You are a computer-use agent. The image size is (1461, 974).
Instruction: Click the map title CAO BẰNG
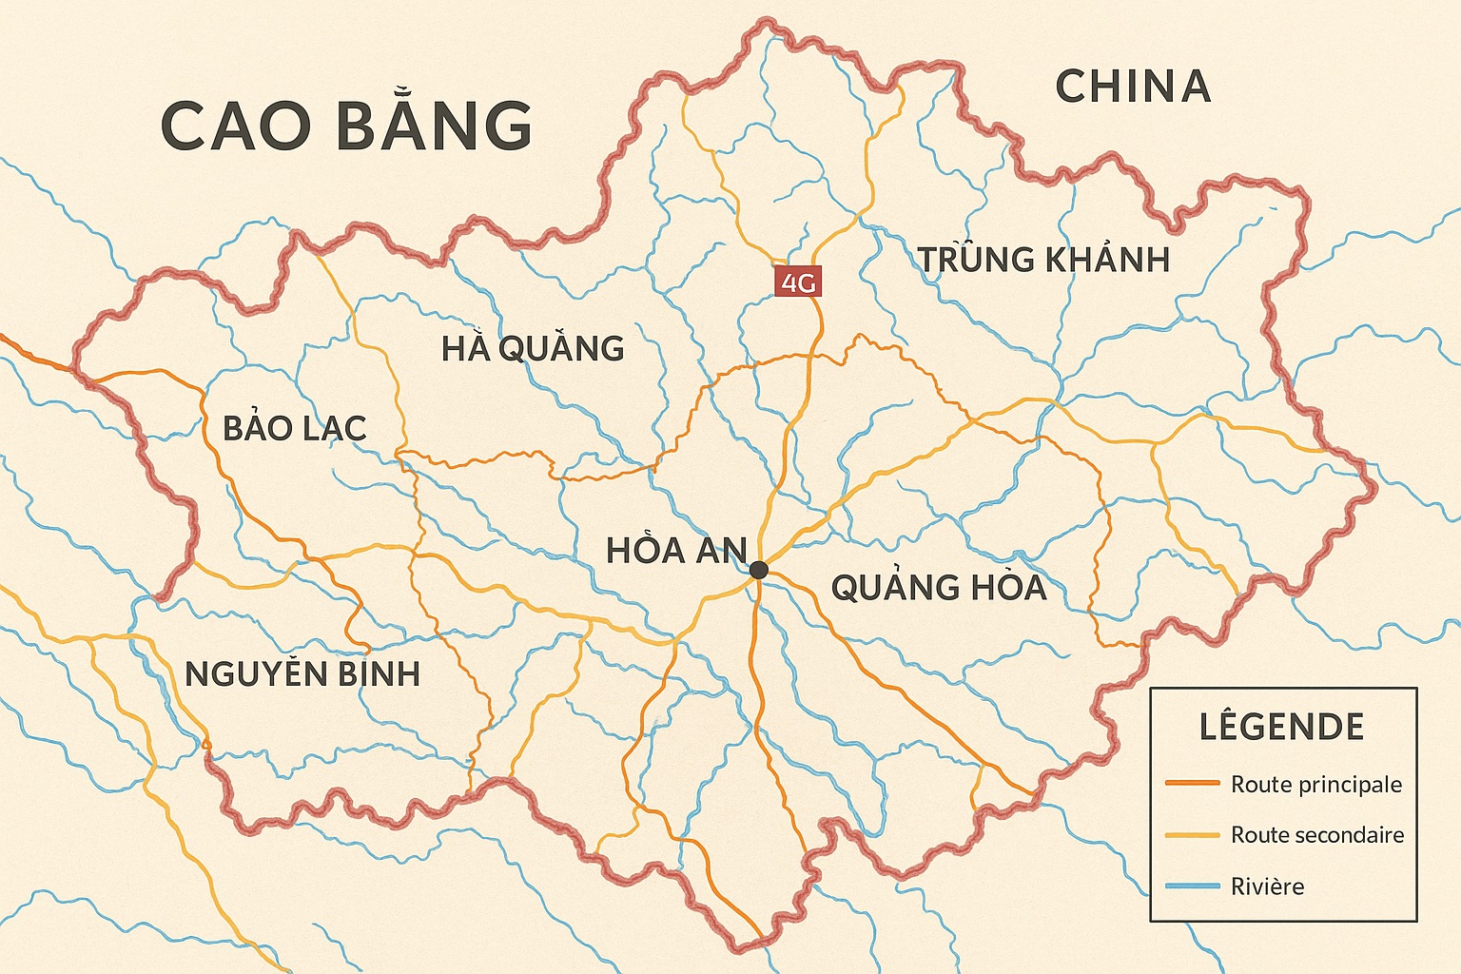[x=346, y=126]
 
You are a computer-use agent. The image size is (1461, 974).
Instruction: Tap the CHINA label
[x=1133, y=87]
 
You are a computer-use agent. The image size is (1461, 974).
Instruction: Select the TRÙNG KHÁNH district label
[x=1043, y=260]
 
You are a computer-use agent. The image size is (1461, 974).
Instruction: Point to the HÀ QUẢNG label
[x=533, y=349]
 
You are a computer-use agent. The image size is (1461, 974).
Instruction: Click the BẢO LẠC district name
[x=295, y=429]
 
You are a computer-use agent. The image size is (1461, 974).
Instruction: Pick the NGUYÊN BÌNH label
[x=302, y=674]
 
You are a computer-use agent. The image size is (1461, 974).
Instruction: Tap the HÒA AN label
[x=676, y=551]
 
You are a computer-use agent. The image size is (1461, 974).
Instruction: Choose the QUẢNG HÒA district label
[x=939, y=588]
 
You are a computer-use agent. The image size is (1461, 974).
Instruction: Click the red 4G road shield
[x=797, y=282]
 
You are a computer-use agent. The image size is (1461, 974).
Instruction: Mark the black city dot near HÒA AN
[x=758, y=570]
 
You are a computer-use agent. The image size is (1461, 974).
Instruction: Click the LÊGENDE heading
[x=1281, y=727]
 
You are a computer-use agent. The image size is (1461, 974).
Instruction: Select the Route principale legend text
[x=1316, y=785]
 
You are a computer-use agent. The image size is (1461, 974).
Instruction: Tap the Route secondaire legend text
[x=1317, y=835]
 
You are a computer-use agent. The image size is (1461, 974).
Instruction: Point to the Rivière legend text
[x=1267, y=886]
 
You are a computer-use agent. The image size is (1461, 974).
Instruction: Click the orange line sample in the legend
[x=1192, y=784]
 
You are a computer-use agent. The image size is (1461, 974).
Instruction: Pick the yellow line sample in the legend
[x=1192, y=835]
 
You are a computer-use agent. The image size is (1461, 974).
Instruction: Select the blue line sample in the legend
[x=1192, y=886]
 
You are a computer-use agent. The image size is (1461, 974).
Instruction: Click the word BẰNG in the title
[x=435, y=126]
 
